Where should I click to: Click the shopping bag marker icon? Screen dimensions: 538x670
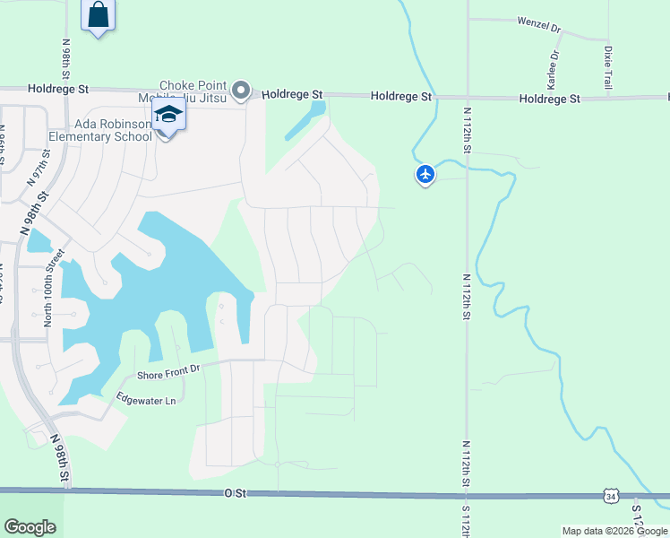click(x=99, y=15)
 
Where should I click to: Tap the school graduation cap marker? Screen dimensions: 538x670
click(x=167, y=116)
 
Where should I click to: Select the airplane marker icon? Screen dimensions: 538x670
click(x=425, y=173)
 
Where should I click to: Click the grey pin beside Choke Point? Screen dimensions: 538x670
click(x=240, y=90)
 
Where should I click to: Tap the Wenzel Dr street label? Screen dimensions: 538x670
click(x=538, y=24)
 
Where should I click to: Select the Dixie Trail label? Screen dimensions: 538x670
click(x=608, y=67)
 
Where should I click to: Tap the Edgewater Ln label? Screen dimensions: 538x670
click(x=146, y=400)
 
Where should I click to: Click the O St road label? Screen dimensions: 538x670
click(x=235, y=493)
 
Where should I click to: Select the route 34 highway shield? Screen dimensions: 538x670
click(x=610, y=495)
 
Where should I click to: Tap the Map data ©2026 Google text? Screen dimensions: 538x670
click(x=614, y=531)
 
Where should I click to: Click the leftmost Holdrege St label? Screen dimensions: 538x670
click(x=58, y=89)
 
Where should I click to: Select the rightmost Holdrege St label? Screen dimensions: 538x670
click(x=549, y=99)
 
